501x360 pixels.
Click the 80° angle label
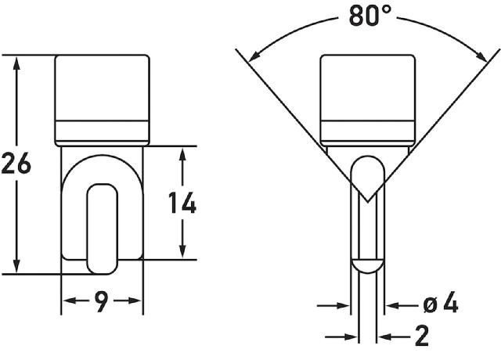[x=370, y=16]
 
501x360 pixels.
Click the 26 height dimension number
[x=16, y=164]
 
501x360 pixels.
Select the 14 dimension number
[x=182, y=203]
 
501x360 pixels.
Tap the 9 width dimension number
[x=102, y=301]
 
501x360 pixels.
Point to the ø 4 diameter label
[x=441, y=304]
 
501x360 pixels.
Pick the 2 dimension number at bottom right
[x=422, y=336]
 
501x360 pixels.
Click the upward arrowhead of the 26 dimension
[x=16, y=63]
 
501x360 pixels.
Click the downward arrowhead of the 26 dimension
[x=16, y=266]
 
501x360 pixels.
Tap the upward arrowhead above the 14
[x=182, y=154]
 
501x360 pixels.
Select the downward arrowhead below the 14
[x=182, y=251]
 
